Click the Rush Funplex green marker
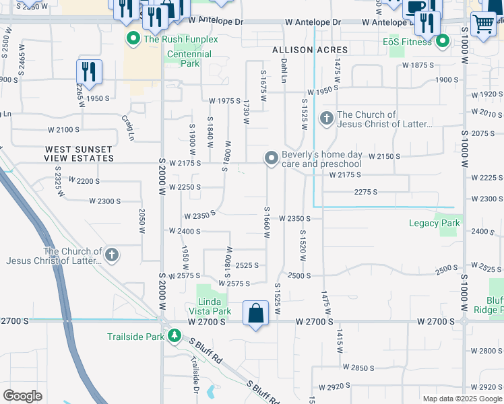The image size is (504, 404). [133, 38]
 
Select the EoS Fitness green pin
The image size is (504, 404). [442, 42]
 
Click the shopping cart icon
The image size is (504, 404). [483, 24]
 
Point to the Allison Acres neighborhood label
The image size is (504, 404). [310, 50]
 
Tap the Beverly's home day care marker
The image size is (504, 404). [272, 158]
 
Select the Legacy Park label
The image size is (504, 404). [434, 223]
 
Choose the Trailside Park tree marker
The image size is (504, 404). [175, 335]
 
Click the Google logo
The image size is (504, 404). [23, 395]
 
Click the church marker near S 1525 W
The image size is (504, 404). [326, 119]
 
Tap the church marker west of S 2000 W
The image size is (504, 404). [112, 255]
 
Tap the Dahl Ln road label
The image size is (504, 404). [284, 70]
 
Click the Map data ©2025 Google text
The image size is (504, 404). [462, 399]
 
